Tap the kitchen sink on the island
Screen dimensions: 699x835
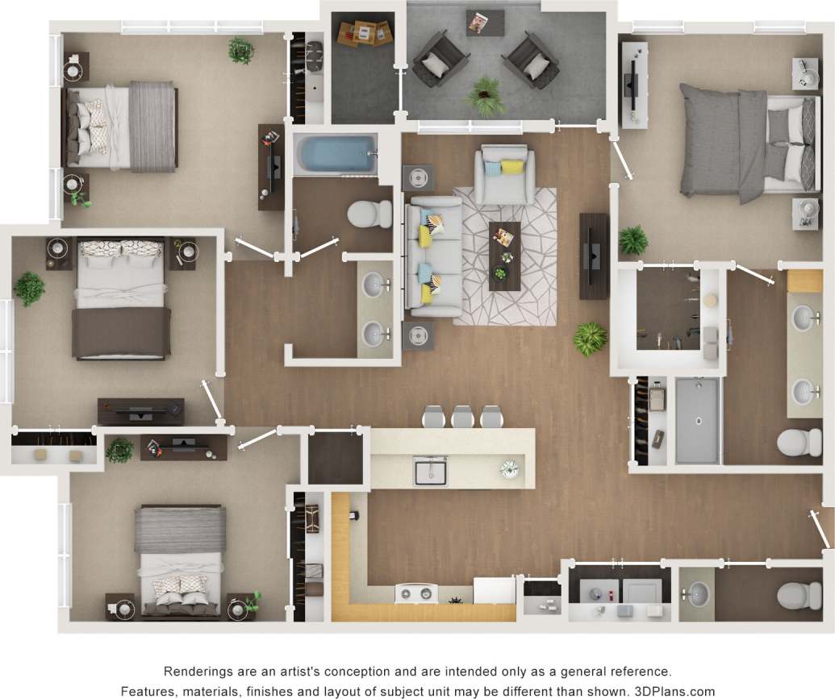[x=431, y=470]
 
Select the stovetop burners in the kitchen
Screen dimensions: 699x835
[x=415, y=594]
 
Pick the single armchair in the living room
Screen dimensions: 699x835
[x=504, y=173]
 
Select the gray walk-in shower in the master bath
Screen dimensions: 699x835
[x=695, y=419]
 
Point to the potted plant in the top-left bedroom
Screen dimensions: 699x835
[x=240, y=50]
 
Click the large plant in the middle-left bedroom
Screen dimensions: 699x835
[x=30, y=288]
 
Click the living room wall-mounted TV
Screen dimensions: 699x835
[x=595, y=256]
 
